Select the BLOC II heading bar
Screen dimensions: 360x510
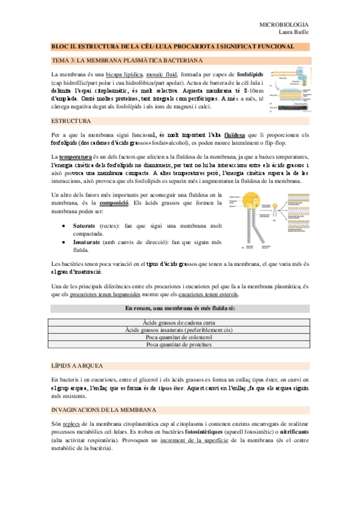[x=180, y=46]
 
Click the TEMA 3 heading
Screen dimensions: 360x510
[x=127, y=60]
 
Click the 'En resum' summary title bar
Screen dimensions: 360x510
[x=180, y=309]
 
